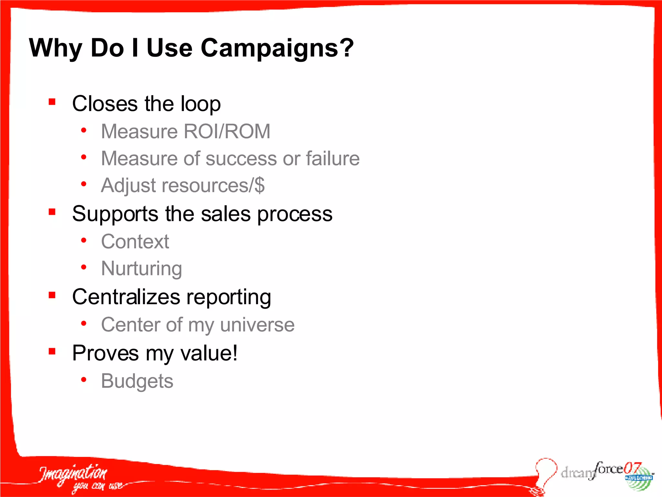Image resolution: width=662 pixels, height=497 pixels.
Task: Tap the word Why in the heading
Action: (55, 48)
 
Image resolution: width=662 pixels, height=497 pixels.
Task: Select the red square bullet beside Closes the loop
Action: (52, 102)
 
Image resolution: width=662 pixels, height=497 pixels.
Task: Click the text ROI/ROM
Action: (227, 131)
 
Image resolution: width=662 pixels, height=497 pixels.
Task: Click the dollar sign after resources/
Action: (259, 185)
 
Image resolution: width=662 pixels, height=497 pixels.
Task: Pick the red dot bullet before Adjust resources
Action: (84, 184)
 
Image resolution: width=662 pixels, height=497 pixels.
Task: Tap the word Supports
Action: (115, 214)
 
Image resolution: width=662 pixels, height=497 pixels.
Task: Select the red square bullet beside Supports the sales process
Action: (52, 212)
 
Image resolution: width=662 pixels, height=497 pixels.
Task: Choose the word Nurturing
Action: (141, 269)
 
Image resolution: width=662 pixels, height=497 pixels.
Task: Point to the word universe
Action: (257, 325)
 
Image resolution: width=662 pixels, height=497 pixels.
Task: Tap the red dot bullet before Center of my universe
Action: (84, 323)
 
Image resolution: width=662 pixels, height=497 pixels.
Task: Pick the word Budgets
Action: (137, 381)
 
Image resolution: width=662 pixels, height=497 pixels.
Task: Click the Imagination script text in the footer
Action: (73, 474)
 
